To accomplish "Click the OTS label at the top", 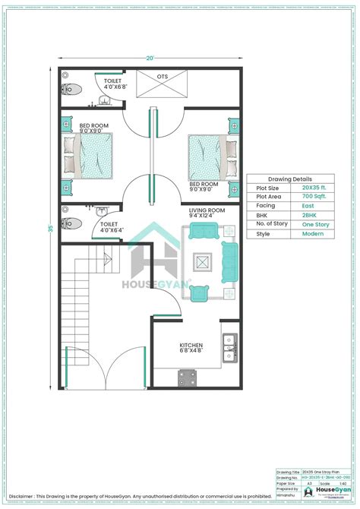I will pos(163,77).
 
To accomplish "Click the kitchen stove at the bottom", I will pos(188,377).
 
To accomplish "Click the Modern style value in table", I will pos(312,234).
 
